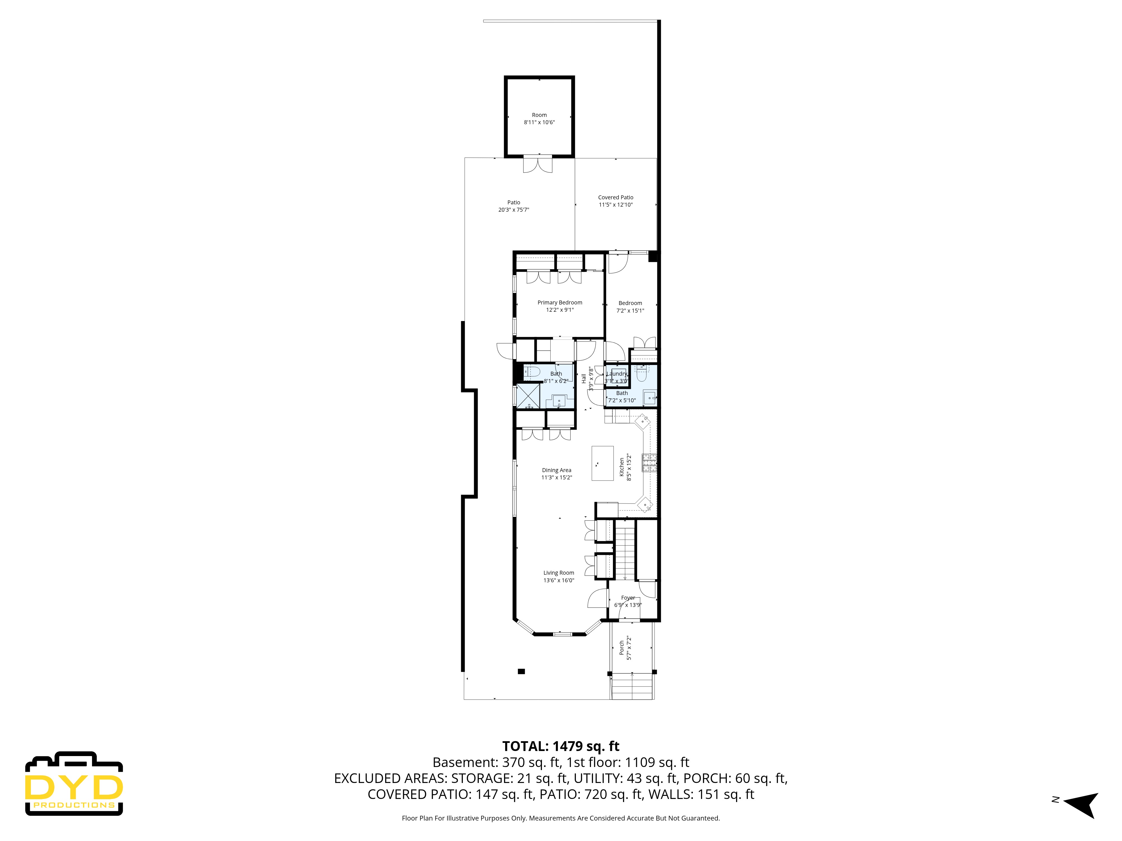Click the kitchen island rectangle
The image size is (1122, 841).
(603, 463)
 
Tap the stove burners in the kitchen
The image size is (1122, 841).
(650, 463)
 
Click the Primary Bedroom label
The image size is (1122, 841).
(560, 303)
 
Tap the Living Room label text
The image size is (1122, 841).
(558, 573)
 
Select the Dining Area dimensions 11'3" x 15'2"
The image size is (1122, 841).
(557, 477)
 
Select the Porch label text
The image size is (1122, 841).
(622, 648)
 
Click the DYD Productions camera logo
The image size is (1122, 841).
(74, 784)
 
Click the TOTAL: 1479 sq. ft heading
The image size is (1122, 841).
(560, 746)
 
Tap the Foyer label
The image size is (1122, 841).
(628, 598)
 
